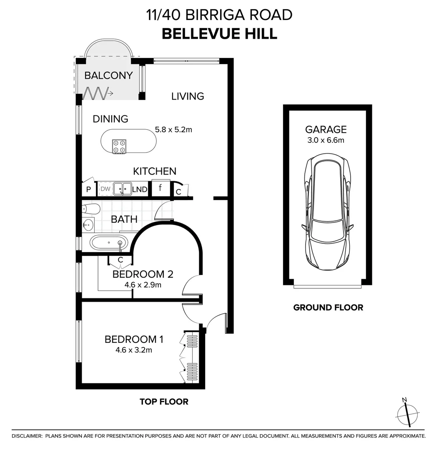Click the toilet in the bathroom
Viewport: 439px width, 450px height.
(x=91, y=208)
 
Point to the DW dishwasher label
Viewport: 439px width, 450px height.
(x=105, y=189)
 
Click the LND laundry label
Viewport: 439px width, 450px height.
(x=140, y=190)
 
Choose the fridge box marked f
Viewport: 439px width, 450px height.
(x=161, y=188)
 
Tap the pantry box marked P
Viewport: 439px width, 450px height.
(x=88, y=190)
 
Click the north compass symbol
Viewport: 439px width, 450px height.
(x=407, y=414)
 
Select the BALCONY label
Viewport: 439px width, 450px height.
(x=108, y=75)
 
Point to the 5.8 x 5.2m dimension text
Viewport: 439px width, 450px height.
(x=173, y=130)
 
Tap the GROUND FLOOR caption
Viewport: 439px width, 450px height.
(x=328, y=307)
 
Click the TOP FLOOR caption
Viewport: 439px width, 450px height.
(x=164, y=402)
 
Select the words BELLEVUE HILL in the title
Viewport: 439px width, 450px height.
(x=219, y=34)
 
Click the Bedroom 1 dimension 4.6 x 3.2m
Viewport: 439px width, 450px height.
(x=134, y=350)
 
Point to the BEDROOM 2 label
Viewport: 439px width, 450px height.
(x=143, y=274)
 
